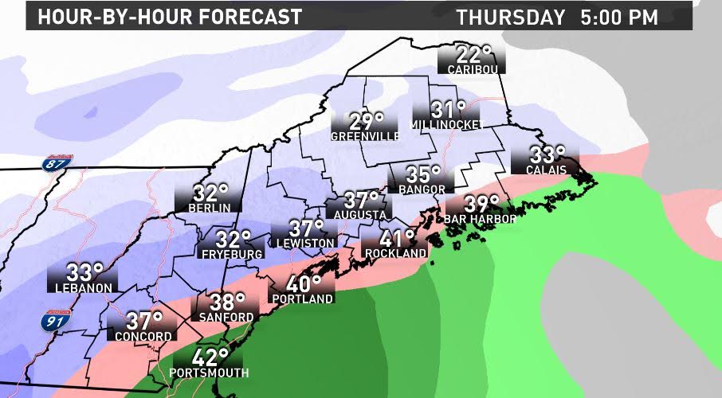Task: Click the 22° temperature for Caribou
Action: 471,56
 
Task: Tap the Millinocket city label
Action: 443,126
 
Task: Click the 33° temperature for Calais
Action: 547,154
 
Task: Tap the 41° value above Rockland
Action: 397,238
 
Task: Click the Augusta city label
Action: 360,215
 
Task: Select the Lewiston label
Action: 303,243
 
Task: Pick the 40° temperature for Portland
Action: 303,283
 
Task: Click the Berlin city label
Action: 210,208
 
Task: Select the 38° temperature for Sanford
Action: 227,302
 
